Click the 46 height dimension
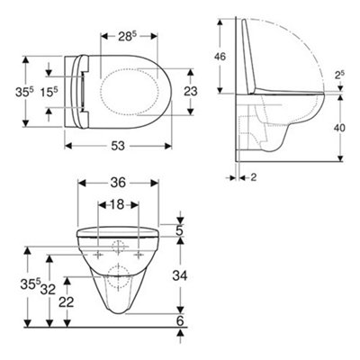[220, 55]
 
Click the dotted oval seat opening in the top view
[133, 92]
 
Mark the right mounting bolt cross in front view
[137, 254]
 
